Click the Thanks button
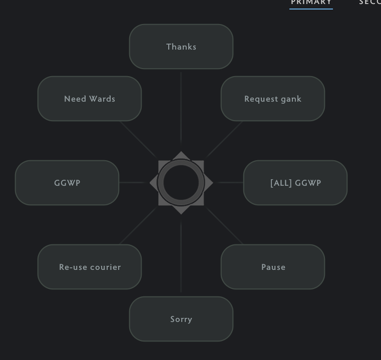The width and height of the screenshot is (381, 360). click(181, 47)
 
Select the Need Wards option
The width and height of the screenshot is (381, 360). click(90, 99)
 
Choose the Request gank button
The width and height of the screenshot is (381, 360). click(273, 99)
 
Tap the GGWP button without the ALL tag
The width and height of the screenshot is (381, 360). click(67, 183)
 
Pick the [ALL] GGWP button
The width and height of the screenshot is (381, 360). click(295, 183)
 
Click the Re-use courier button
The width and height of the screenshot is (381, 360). click(90, 267)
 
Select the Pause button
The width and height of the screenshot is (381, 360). click(273, 267)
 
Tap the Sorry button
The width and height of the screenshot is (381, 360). click(181, 319)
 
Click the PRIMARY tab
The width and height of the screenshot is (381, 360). click(311, 3)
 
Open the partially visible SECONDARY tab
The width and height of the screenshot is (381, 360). click(370, 3)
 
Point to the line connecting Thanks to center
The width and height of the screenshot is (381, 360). click(181, 108)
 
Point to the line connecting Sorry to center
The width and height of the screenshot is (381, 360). click(181, 258)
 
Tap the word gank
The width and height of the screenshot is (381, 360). click(291, 99)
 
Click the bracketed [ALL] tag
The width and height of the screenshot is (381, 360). click(279, 183)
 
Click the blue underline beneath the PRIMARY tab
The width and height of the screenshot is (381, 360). click(311, 9)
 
